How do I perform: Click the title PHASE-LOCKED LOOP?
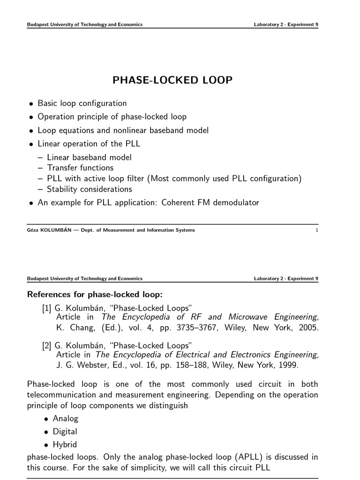pyautogui.click(x=172, y=80)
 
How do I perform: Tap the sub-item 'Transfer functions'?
pyautogui.click(x=80, y=167)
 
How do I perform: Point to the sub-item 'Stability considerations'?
pyautogui.click(x=90, y=189)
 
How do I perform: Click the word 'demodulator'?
pyautogui.click(x=237, y=202)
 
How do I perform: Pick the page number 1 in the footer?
pyautogui.click(x=317, y=230)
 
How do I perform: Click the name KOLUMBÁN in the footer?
pyautogui.click(x=56, y=230)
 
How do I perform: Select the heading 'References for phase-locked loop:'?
pyautogui.click(x=95, y=295)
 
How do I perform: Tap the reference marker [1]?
pyautogui.click(x=46, y=307)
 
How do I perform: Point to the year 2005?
pyautogui.click(x=309, y=328)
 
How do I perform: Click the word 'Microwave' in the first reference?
pyautogui.click(x=249, y=317)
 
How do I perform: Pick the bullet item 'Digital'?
pyautogui.click(x=65, y=431)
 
